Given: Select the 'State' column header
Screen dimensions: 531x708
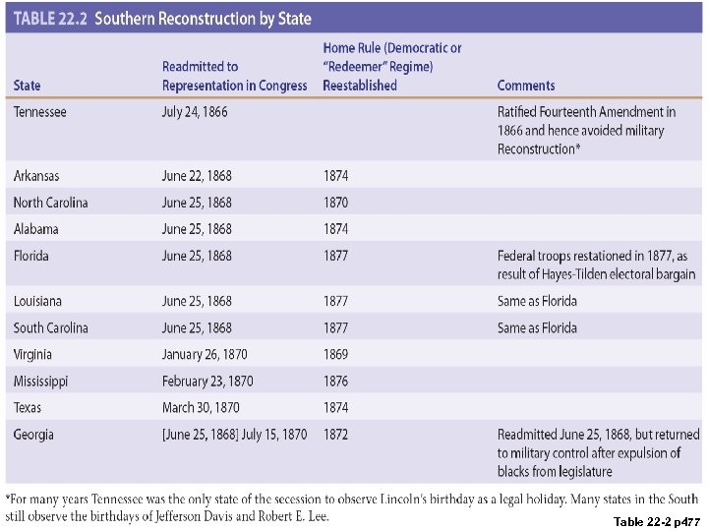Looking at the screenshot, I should (x=28, y=86).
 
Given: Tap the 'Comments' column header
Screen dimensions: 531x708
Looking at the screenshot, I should (x=526, y=86).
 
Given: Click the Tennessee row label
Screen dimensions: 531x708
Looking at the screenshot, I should (x=40, y=112).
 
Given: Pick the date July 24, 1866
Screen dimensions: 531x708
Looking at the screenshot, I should (x=195, y=112).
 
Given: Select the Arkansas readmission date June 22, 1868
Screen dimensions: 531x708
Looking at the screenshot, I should (x=197, y=176).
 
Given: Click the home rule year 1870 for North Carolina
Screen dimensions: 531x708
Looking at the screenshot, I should (x=335, y=203).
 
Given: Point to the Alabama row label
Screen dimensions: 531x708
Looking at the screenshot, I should (x=36, y=229).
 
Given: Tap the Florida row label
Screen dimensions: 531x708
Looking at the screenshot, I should (x=31, y=256).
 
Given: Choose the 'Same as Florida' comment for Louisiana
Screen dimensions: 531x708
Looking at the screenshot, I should (x=537, y=301).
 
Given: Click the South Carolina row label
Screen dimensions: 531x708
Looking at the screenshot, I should (x=51, y=327).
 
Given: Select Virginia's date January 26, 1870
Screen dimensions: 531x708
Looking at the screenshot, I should (x=205, y=354).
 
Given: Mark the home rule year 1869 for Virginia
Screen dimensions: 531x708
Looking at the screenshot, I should (x=335, y=354).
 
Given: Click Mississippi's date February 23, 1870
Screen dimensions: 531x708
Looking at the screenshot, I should (x=207, y=381).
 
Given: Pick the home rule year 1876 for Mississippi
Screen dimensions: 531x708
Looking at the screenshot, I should (x=335, y=381).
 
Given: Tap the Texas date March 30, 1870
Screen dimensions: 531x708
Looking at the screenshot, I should (x=201, y=407).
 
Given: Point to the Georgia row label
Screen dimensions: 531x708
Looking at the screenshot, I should (x=33, y=435).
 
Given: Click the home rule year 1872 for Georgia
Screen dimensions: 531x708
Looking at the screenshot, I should (x=335, y=435).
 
